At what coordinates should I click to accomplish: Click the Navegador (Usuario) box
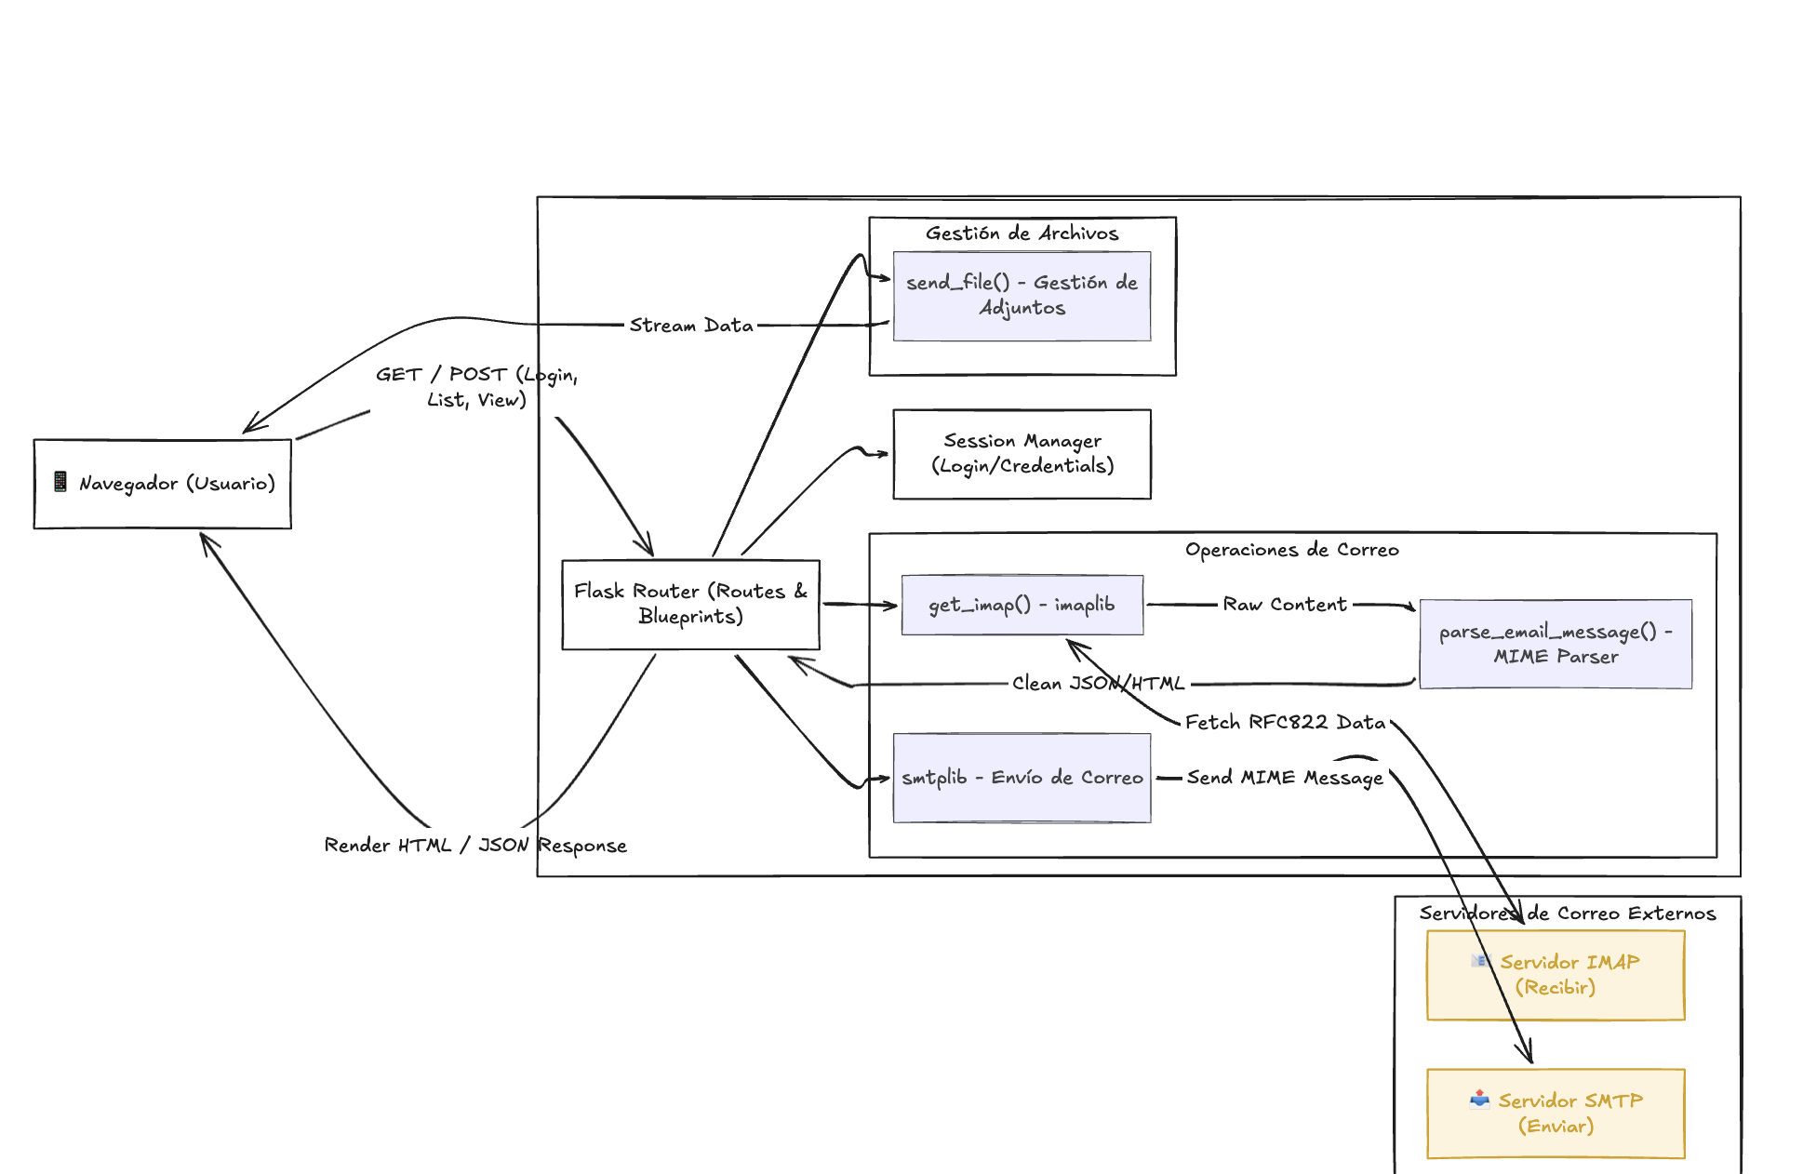pos(162,484)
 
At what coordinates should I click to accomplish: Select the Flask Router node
pos(690,604)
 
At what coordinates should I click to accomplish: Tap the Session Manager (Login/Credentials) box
pos(1022,454)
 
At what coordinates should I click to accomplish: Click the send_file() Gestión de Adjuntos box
pos(1022,296)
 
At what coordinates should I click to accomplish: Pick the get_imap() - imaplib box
pos(1022,605)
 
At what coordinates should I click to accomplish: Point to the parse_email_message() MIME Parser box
pos(1555,644)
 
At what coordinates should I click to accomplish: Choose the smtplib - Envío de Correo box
pos(1022,778)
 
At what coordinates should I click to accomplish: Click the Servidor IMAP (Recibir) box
pos(1555,975)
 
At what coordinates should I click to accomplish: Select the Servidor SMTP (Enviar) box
pos(1555,1113)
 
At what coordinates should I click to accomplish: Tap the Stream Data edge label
pos(691,326)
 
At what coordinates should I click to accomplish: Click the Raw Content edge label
pos(1284,605)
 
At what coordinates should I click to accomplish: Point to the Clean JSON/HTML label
pos(1098,684)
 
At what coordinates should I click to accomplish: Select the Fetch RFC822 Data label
pos(1285,723)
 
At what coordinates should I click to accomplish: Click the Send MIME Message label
pos(1285,778)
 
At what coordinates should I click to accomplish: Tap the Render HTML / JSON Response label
pos(475,846)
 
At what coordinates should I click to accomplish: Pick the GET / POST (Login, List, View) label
pos(476,387)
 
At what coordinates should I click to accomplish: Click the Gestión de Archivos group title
pos(1022,233)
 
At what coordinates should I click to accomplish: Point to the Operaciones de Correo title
pos(1291,550)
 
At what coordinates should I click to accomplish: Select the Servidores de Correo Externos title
pos(1567,914)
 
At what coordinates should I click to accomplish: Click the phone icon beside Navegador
pos(60,482)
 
